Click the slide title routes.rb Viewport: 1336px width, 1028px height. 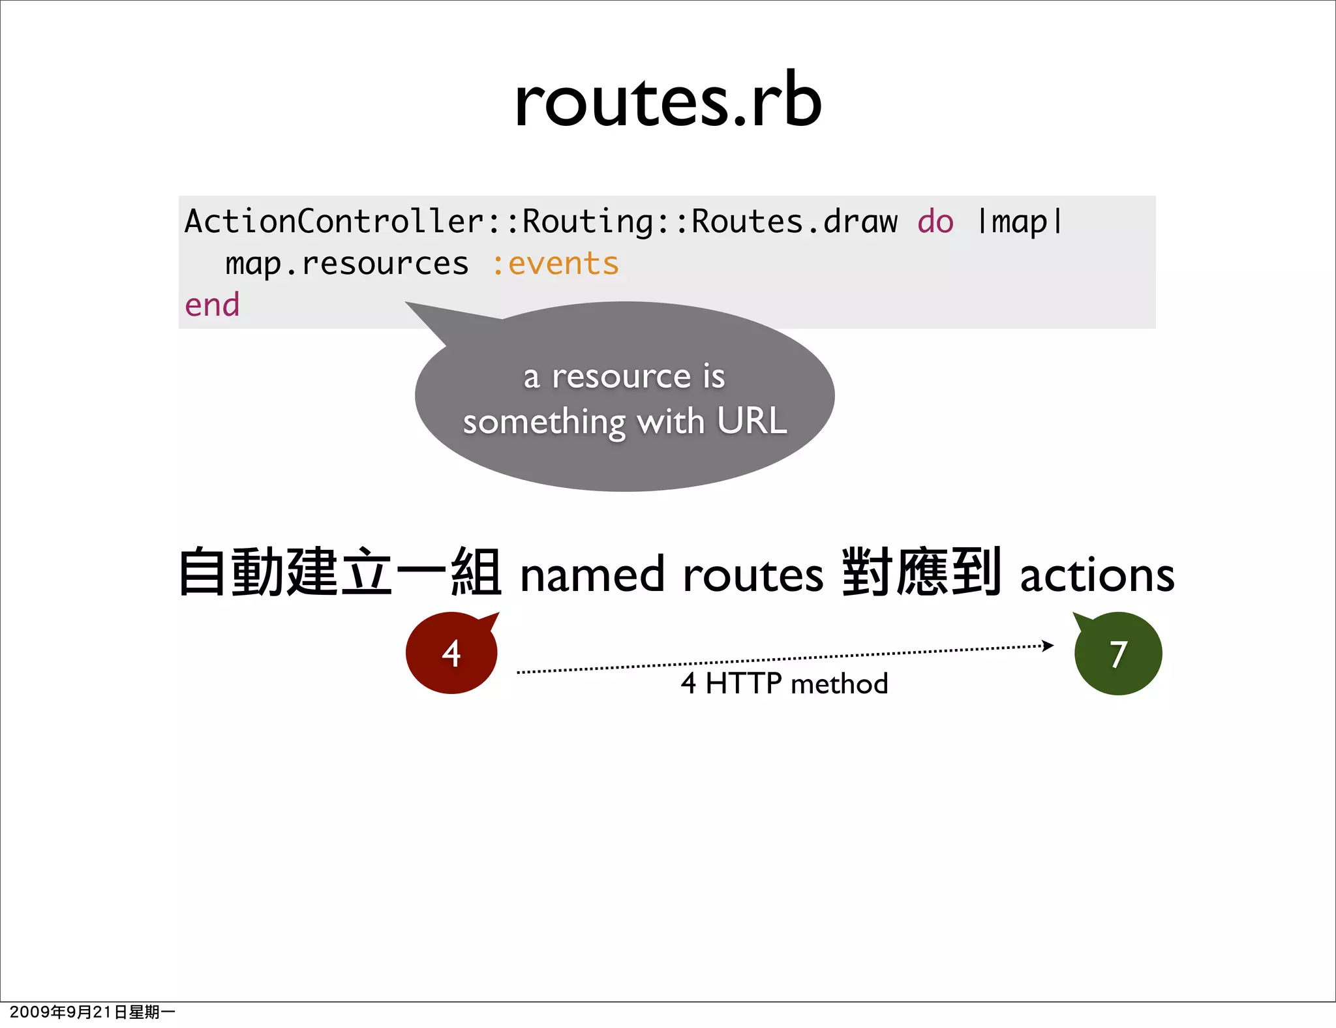pyautogui.click(x=667, y=101)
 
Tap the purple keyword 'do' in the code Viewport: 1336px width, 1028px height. pyautogui.click(x=935, y=222)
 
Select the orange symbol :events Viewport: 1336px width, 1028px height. pyautogui.click(x=555, y=264)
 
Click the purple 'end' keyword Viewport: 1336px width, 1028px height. pyautogui.click(x=212, y=305)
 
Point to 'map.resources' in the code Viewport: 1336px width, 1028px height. pyautogui.click(x=346, y=264)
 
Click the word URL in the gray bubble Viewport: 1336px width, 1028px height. pyautogui.click(x=752, y=421)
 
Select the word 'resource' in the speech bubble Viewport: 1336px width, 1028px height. pyautogui.click(x=622, y=376)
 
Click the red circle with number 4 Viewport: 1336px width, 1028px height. pyautogui.click(x=451, y=653)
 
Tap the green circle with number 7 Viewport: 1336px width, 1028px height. pyautogui.click(x=1118, y=654)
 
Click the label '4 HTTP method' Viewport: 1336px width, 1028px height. pyautogui.click(x=784, y=684)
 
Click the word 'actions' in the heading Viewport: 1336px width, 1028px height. pyautogui.click(x=1097, y=575)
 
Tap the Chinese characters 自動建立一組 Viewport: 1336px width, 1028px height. pyautogui.click(x=340, y=573)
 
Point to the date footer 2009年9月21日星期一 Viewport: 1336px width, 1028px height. pyautogui.click(x=92, y=1012)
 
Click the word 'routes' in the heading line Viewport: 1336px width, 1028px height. pyautogui.click(x=753, y=575)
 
